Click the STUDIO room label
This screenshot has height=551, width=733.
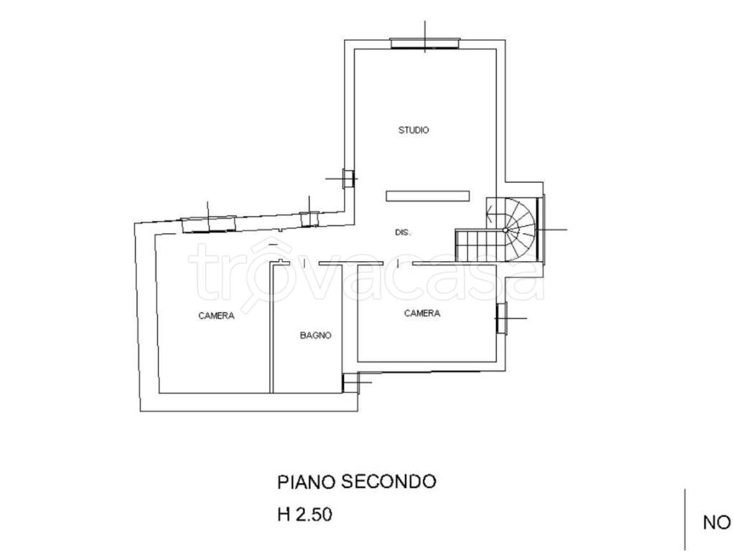coord(414,130)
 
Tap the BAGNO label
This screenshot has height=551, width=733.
coord(316,335)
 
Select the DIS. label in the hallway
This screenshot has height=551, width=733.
coord(403,232)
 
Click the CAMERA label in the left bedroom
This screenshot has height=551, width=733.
coord(216,316)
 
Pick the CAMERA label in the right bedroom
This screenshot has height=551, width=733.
coord(422,313)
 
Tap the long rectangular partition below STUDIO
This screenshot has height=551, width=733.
coord(427,196)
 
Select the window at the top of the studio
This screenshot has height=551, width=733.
coord(425,44)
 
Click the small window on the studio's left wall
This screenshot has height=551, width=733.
coord(348,179)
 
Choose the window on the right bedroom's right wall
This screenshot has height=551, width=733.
coord(501,319)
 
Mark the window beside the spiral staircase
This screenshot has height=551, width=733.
coord(541,230)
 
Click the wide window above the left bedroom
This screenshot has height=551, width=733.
coord(209,224)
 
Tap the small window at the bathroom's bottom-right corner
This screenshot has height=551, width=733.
coord(349,382)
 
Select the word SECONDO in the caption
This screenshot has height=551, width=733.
coord(388,481)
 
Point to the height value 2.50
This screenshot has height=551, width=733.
coord(314,514)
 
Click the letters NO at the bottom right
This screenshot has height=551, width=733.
coord(716,523)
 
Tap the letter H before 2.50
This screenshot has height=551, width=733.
coord(284,514)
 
